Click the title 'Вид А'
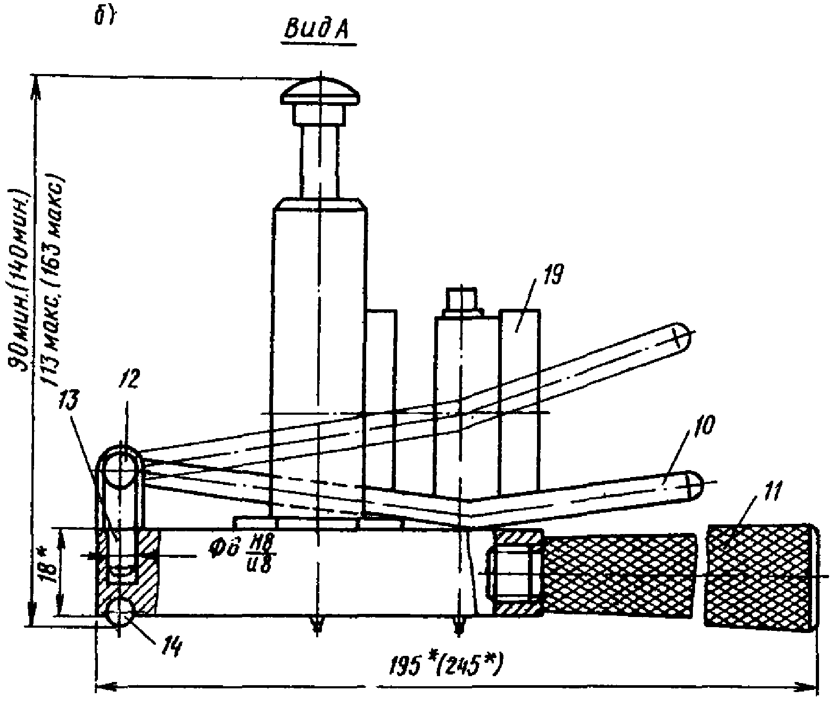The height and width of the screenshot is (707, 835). (317, 30)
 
